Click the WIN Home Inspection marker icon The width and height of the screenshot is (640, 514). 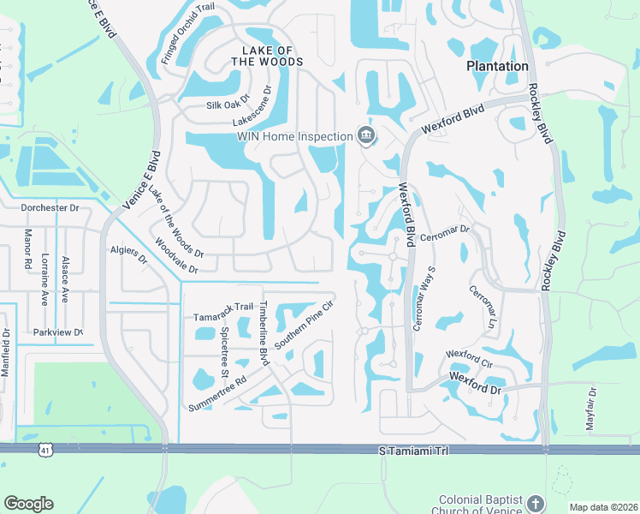point(366,135)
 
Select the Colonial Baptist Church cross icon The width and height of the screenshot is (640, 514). point(535,503)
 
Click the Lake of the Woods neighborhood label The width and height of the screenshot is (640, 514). point(265,56)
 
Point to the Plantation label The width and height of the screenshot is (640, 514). point(497,66)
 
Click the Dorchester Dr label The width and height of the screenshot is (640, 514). point(50,207)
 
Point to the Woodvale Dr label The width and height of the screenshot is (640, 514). point(176,256)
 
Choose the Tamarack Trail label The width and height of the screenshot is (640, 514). point(223,307)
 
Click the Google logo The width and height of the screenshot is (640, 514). point(28,504)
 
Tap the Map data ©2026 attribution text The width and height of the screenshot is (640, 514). point(602,507)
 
